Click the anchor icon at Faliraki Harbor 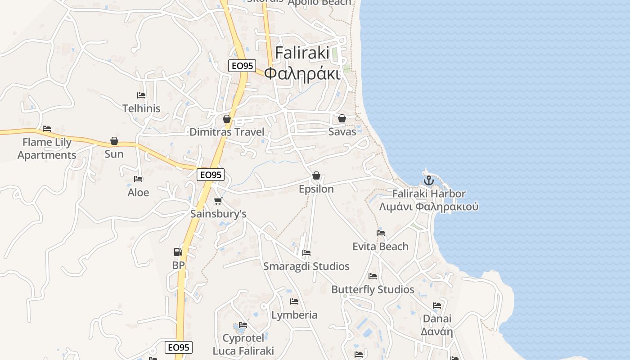(429, 181)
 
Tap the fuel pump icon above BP (178, 252)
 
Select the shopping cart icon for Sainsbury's (218, 201)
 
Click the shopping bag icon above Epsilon (316, 175)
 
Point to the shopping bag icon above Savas (342, 118)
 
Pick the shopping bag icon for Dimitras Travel (227, 119)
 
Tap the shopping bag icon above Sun (114, 141)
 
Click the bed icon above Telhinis (141, 95)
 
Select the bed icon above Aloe (138, 179)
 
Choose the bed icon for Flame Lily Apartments (47, 129)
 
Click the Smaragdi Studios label (306, 266)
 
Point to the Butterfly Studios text (373, 289)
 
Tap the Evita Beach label (380, 247)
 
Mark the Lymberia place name (294, 315)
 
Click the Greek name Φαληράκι (302, 73)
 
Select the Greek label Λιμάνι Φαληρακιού (429, 207)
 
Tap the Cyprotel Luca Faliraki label (243, 344)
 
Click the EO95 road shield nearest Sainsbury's (211, 175)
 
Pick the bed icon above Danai (437, 306)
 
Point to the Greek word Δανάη (436, 332)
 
